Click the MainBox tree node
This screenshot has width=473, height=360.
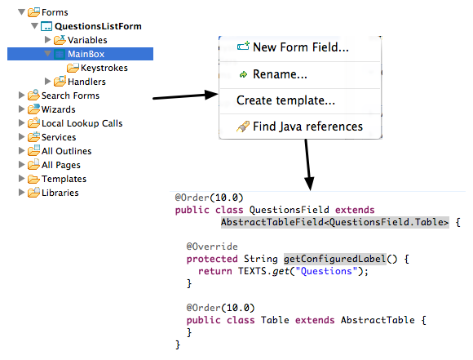pos(86,54)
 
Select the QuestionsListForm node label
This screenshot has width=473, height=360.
pos(98,26)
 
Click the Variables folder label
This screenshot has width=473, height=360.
pos(87,40)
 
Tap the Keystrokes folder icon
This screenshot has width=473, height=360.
pos(73,68)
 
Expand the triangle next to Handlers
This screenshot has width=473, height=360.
pos(47,82)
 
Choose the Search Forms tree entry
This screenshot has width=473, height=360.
pos(70,96)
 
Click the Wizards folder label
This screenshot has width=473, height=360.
pos(58,109)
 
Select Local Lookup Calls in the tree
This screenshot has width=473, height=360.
pos(82,123)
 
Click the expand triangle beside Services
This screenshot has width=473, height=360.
pos(21,137)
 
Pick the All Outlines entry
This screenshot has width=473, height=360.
pos(66,151)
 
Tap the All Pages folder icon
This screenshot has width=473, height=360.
pos(33,165)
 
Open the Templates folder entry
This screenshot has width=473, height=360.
pos(64,179)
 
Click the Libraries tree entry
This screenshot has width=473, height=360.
pos(60,193)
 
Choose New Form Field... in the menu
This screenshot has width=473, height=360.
pos(300,47)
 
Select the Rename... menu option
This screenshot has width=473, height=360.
pos(280,74)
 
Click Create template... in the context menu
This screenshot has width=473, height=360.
pos(285,100)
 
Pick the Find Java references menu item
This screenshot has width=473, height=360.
pos(307,127)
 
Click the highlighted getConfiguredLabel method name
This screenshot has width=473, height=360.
pos(335,259)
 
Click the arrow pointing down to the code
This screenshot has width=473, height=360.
pos(307,165)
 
